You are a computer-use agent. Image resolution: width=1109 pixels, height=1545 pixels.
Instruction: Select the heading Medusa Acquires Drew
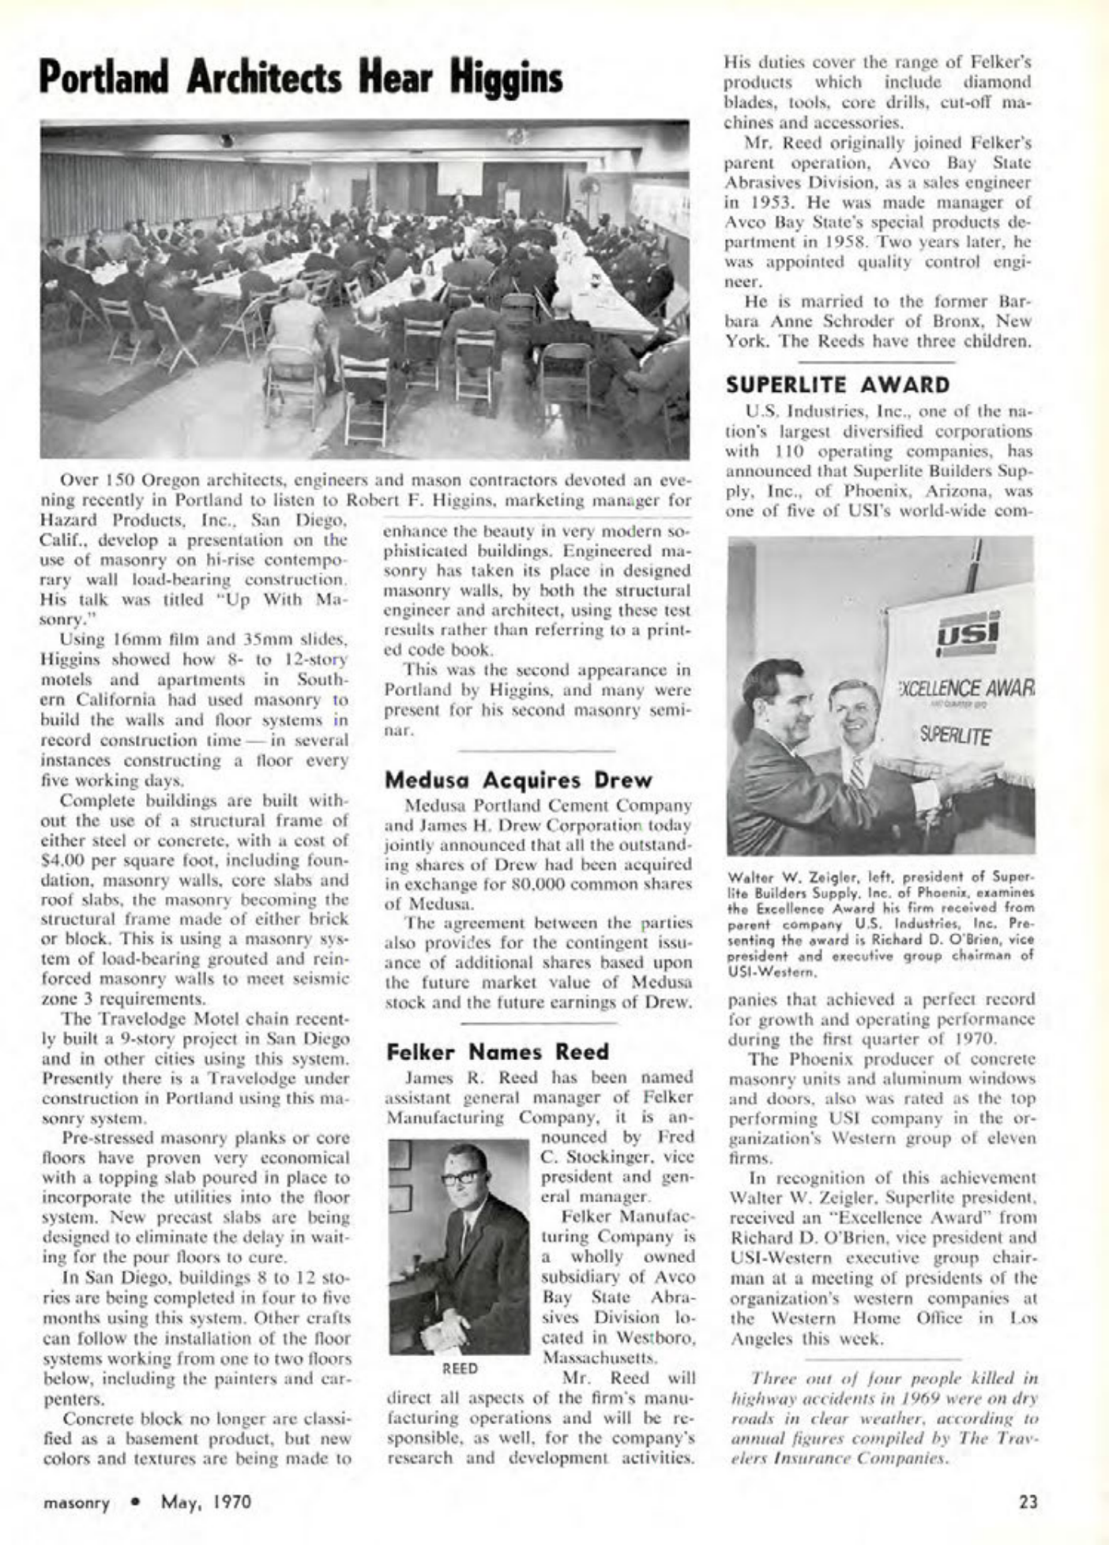518,780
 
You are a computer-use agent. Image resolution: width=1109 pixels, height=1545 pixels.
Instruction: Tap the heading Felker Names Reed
498,1052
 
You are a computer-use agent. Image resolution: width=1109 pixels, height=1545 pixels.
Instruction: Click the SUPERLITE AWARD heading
837,385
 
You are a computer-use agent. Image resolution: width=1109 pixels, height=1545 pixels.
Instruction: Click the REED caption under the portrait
460,1369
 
